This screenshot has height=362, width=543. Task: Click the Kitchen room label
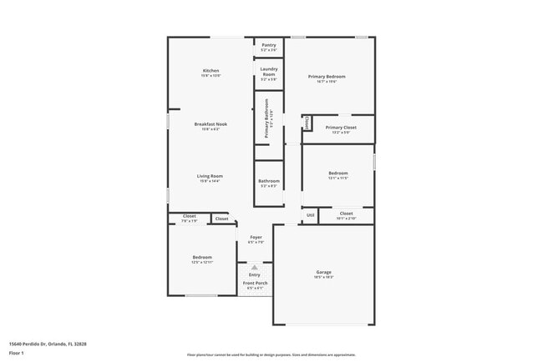[x=211, y=70]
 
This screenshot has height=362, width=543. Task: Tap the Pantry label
[x=268, y=45]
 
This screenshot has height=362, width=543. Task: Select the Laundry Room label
[x=268, y=71]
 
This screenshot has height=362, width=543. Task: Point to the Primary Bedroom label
[x=331, y=76]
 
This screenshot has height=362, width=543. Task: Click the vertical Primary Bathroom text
[x=267, y=118]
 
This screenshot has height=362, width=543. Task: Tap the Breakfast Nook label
[x=211, y=124]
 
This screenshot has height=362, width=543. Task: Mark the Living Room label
[x=210, y=176]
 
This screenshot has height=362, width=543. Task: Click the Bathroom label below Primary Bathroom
[x=268, y=181]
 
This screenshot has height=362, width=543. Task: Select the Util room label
[x=310, y=215]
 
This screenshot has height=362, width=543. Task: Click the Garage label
[x=324, y=272]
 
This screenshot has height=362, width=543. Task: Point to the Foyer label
[x=256, y=238]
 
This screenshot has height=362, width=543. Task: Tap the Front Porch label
[x=255, y=284]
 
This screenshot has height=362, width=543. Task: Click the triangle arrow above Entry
[x=255, y=267]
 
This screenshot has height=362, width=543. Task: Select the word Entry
[x=255, y=274]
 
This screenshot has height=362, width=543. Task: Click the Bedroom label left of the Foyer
[x=202, y=257]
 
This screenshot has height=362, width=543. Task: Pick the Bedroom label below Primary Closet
[x=337, y=173]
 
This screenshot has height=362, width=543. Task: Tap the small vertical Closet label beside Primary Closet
[x=307, y=123]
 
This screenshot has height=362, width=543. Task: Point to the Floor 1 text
[x=17, y=353]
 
